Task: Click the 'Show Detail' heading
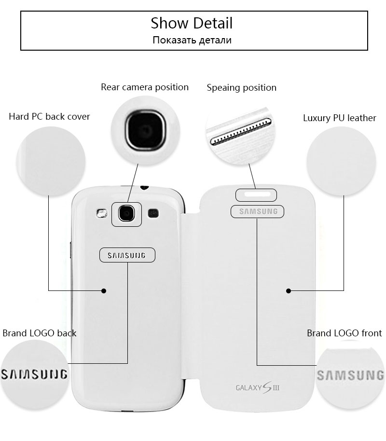[192, 23]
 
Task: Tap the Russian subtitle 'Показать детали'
[192, 40]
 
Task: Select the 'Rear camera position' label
[144, 87]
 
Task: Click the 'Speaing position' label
[241, 88]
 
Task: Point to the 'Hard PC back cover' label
[49, 117]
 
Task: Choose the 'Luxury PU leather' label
[339, 118]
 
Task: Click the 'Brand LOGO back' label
[40, 333]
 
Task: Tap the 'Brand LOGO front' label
[344, 333]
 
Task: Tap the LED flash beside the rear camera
[101, 213]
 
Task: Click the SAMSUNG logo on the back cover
[128, 256]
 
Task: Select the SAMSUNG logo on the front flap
[258, 211]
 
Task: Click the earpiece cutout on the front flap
[256, 195]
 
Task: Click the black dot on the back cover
[104, 290]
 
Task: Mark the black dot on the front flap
[288, 291]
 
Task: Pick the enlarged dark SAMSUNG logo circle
[34, 374]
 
